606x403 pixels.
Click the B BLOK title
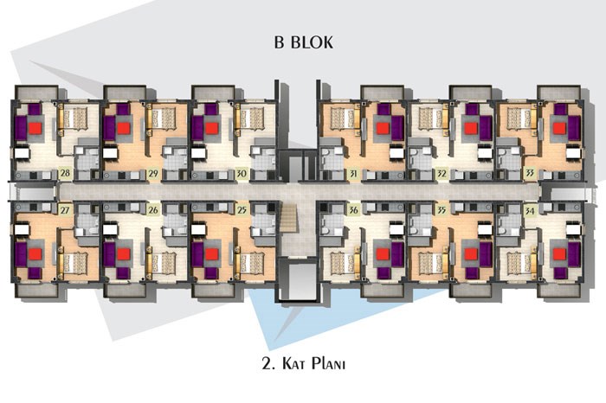point(303,42)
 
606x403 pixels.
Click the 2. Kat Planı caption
point(303,363)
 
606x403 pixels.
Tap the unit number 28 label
point(65,173)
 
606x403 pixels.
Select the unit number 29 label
point(153,173)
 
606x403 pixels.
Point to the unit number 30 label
point(242,173)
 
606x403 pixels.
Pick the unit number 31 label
point(353,174)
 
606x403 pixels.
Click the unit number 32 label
point(442,174)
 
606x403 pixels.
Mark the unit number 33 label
point(530,174)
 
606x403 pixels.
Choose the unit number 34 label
point(530,210)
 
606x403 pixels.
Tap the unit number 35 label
point(442,210)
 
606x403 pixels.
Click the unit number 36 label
point(353,210)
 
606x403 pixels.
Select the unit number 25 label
point(242,210)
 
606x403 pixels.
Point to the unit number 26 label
point(153,210)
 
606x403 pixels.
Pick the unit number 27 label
point(65,210)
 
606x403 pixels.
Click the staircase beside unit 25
point(288,219)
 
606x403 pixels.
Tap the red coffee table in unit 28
point(35,128)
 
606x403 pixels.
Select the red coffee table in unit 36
point(383,254)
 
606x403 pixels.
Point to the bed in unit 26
point(163,263)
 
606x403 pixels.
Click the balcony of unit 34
point(559,290)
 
